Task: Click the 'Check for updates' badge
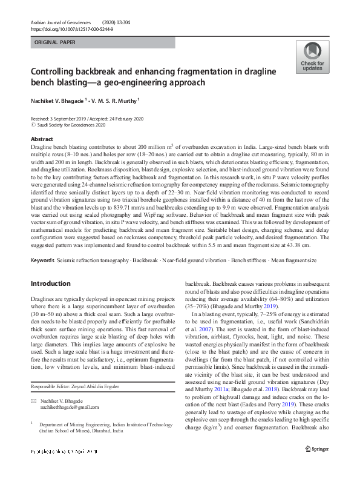pyautogui.click(x=312, y=58)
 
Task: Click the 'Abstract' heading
pyautogui.click(x=41, y=139)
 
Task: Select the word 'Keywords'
pyautogui.click(x=42, y=260)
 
